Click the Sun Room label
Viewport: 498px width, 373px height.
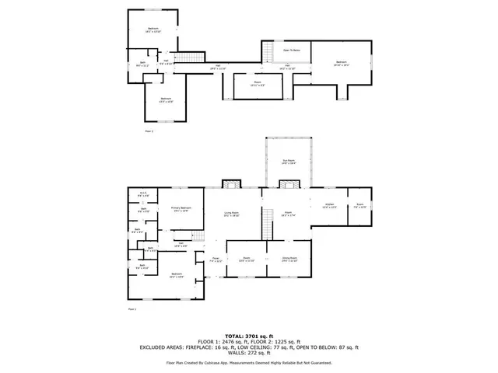288,162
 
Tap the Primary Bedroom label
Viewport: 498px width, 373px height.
181,209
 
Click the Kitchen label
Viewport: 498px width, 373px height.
329,206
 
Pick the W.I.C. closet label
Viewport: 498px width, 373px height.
143,193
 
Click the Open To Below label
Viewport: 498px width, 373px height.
292,50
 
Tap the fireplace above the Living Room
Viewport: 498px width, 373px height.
230,183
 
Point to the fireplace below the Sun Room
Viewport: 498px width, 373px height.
289,183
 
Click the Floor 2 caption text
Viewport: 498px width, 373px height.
149,131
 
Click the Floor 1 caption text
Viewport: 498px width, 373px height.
132,309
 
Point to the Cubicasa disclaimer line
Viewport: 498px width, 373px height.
248,362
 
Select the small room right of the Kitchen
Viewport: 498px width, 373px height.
359,206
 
